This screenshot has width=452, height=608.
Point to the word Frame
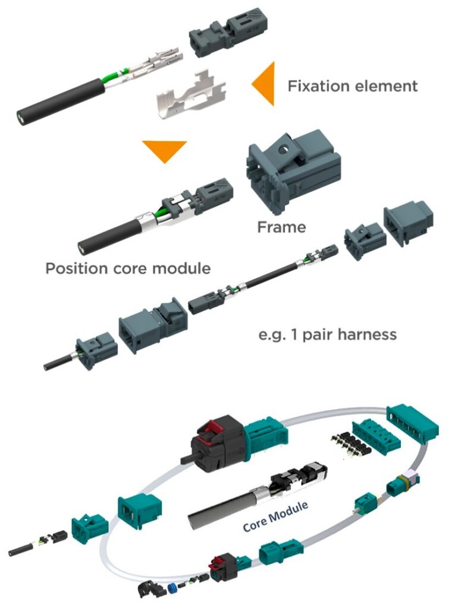coord(281,227)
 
